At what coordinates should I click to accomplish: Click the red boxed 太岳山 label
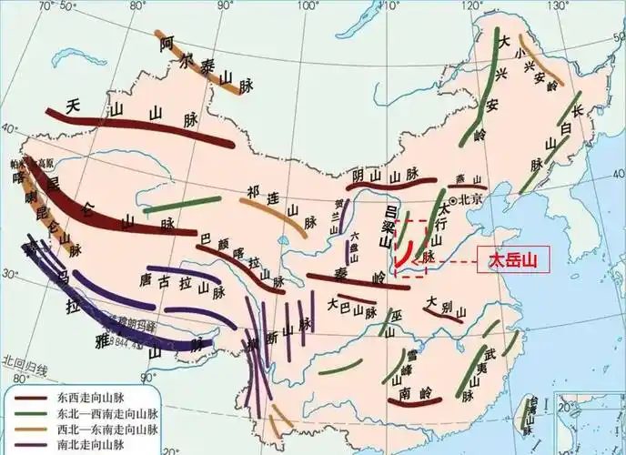tap(513, 261)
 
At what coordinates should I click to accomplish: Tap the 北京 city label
tap(470, 198)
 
